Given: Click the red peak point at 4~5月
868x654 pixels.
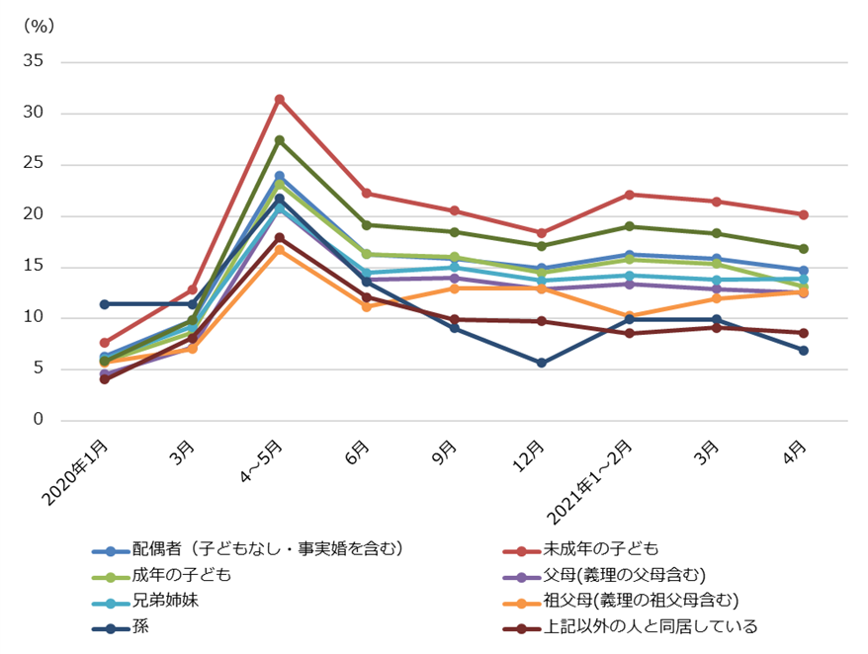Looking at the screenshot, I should [279, 100].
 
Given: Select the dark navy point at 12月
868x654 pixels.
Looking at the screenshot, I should [541, 363].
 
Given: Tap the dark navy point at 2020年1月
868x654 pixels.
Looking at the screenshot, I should [105, 304].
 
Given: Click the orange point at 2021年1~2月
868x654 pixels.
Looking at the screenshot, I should [629, 316].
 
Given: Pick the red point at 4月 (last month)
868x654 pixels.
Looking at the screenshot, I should [803, 214].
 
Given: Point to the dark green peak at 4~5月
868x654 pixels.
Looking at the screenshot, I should [279, 140].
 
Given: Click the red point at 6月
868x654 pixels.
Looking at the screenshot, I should [367, 194].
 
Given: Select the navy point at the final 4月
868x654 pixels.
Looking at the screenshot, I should [803, 350].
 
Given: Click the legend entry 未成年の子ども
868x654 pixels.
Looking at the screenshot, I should [600, 549].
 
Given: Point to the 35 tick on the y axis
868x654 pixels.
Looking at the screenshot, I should [36, 62].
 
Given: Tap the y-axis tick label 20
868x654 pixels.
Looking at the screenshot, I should [36, 215].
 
